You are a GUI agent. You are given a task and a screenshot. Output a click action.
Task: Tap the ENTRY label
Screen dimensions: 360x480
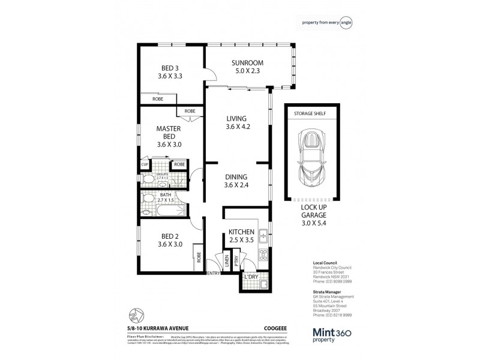pos(214,274)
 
